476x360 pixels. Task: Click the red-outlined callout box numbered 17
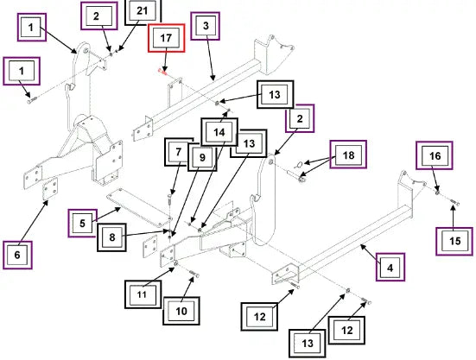(167, 38)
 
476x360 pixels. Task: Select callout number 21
(143, 11)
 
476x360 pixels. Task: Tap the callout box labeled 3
(206, 26)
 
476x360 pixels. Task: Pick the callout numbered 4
(390, 268)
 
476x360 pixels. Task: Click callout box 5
(83, 224)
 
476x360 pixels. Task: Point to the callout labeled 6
(17, 255)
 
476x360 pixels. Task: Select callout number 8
(111, 237)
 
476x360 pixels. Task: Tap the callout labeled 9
(202, 157)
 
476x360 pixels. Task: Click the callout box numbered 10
(181, 311)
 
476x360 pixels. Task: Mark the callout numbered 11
(143, 294)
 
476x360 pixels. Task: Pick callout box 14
(219, 132)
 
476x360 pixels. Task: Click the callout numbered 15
(454, 241)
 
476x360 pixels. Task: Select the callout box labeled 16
(435, 155)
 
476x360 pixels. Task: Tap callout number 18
(348, 155)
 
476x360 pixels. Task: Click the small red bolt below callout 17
(162, 72)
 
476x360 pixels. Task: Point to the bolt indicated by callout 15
(454, 202)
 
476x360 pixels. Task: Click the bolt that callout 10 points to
(194, 274)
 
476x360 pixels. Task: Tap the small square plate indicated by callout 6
(50, 189)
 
